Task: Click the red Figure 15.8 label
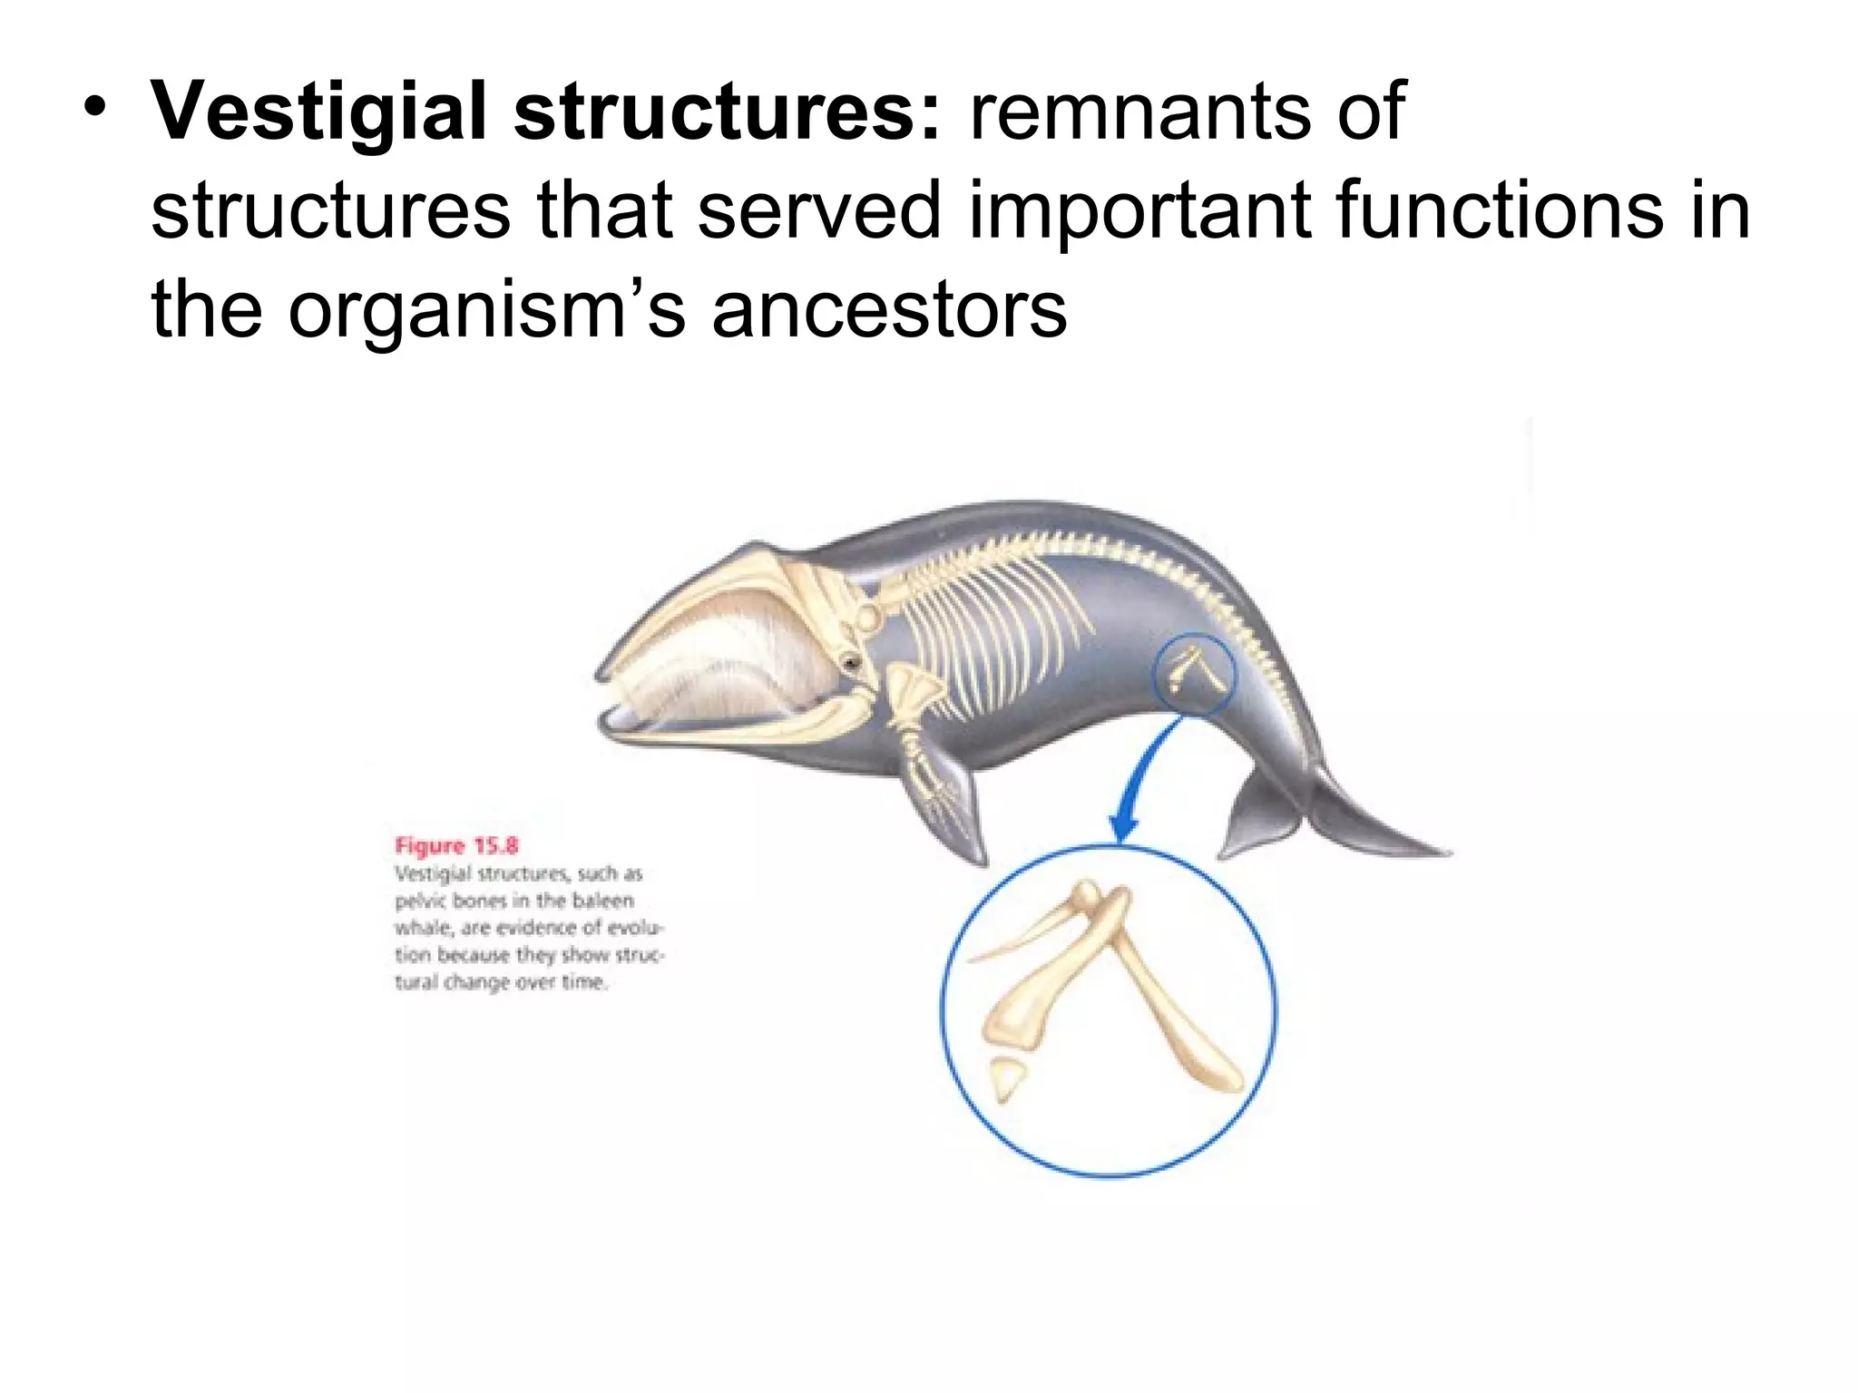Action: point(456,846)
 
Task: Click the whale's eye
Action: point(851,663)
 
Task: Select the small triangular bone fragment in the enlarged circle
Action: point(1006,1077)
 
